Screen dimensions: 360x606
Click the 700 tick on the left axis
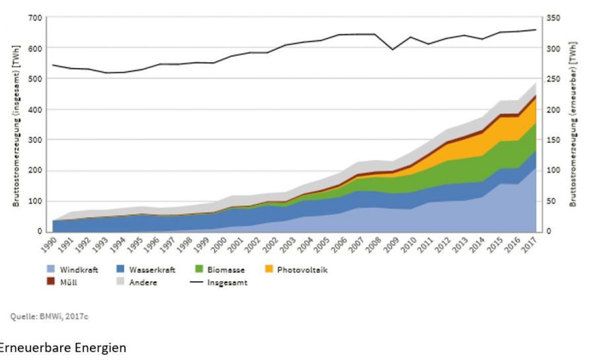pyautogui.click(x=35, y=18)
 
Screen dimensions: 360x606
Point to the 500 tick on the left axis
pyautogui.click(x=35, y=79)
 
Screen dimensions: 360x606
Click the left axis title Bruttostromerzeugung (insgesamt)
pyautogui.click(x=17, y=124)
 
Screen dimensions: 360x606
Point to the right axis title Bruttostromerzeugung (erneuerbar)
pyautogui.click(x=573, y=124)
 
